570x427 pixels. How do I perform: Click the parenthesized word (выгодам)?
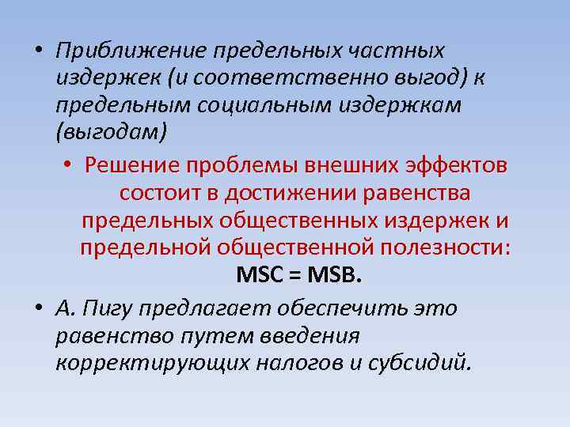[112, 131]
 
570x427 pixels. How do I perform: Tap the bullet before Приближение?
[37, 51]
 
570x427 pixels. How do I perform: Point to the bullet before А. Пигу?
[37, 309]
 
